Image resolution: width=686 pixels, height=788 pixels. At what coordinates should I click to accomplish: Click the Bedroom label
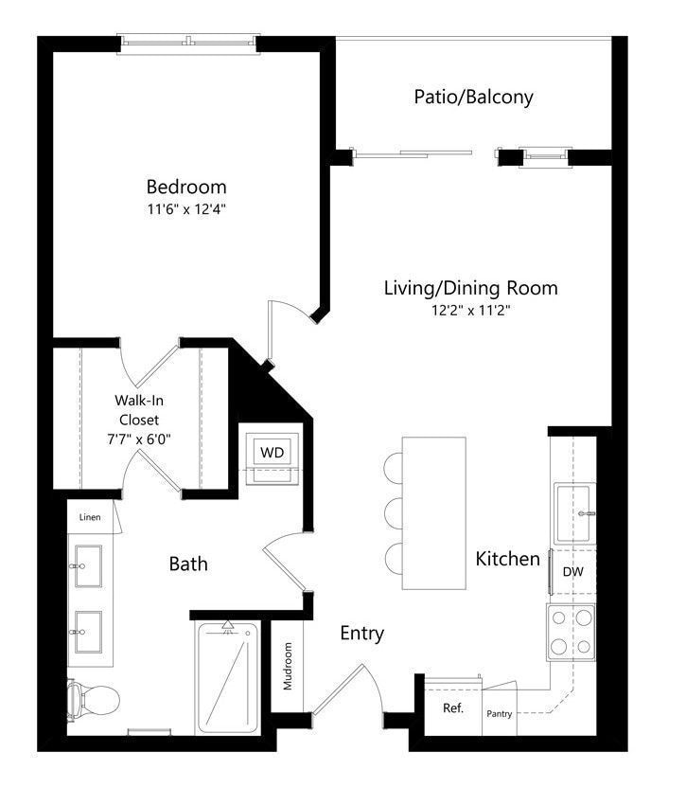186,187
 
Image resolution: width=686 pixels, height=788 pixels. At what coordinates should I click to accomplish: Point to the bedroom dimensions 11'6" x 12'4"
186,209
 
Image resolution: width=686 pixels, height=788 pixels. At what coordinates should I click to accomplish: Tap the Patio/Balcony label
473,97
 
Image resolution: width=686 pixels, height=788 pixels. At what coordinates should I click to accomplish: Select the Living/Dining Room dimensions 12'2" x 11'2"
471,310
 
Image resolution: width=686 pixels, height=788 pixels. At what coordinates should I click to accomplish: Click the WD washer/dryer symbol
272,458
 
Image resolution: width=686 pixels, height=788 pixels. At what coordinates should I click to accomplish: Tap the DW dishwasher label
573,571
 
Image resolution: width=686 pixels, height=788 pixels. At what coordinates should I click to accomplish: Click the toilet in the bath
94,700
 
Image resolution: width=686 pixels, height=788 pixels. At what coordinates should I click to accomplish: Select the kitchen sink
574,513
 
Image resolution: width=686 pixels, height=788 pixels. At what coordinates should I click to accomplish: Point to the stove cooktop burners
571,633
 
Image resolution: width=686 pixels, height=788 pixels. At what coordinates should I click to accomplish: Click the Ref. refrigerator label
453,708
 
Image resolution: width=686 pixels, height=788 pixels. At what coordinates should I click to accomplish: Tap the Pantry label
500,713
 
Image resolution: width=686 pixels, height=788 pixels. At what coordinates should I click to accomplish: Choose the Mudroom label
288,666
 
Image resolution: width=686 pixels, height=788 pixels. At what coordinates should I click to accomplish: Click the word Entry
362,634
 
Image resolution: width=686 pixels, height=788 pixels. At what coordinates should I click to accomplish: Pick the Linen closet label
90,517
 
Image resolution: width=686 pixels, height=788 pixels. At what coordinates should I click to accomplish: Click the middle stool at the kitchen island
394,513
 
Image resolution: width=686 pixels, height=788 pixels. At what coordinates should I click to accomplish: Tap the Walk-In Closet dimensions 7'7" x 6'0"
139,439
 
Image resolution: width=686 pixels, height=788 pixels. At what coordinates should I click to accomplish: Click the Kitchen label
508,559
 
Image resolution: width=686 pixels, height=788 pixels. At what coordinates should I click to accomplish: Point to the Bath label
188,564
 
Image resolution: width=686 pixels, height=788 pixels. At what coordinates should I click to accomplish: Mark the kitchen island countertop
434,513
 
